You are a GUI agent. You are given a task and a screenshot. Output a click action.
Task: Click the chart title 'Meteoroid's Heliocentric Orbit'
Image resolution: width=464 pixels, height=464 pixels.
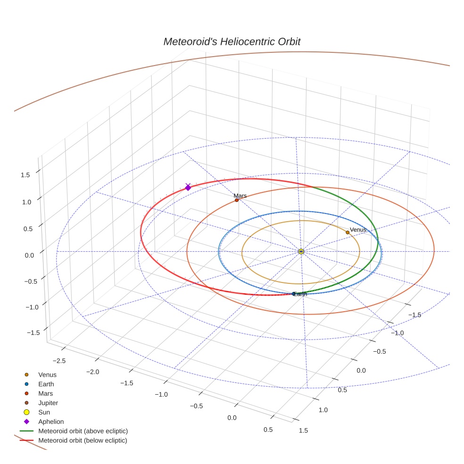pos(232,42)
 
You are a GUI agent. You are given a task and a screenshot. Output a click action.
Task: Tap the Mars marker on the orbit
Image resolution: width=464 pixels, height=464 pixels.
pos(237,200)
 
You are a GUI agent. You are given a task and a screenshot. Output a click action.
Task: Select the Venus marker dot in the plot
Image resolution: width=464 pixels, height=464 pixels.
pos(348,232)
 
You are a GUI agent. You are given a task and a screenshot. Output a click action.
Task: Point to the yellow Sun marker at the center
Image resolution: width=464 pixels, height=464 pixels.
pos(301,251)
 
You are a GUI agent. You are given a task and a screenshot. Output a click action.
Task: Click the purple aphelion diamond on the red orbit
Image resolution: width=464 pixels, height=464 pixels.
pos(188,188)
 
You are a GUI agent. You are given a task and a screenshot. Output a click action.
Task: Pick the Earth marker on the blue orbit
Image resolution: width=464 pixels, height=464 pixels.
pos(294,294)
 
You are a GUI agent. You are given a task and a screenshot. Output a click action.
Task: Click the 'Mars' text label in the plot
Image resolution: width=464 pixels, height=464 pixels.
pos(240,195)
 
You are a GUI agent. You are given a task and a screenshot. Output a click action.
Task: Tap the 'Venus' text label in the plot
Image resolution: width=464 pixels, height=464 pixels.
pos(358,230)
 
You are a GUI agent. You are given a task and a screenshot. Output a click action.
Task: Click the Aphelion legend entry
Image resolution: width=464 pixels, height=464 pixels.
pos(51,422)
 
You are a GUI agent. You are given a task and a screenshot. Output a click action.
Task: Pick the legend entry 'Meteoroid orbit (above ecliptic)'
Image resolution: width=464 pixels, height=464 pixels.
pos(83,431)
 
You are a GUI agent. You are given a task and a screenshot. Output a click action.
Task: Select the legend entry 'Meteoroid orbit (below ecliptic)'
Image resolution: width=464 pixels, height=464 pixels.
pos(83,440)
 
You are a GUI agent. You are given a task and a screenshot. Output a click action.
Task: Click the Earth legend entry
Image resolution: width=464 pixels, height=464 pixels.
pos(46,384)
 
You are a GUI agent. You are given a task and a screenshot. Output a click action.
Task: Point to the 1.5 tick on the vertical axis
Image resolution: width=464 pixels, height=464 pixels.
pos(25,175)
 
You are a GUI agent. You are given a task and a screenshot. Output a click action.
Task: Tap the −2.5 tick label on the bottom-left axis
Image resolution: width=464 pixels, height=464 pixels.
pos(59,361)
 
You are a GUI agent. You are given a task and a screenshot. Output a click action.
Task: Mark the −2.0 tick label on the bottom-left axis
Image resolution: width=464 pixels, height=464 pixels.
pos(93,372)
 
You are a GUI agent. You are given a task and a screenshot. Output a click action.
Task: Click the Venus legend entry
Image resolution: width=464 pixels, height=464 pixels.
pos(47,375)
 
